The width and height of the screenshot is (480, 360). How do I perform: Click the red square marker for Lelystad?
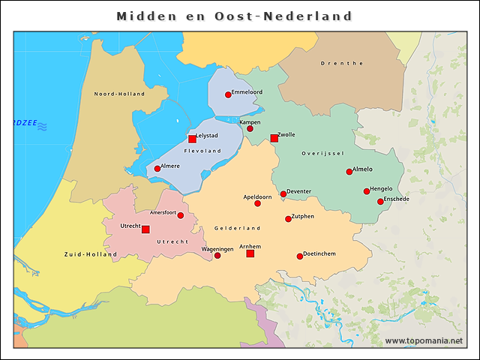click(x=192, y=139)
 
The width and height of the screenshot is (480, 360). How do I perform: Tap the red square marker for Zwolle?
click(x=274, y=138)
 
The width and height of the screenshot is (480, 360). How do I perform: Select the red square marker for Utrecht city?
click(x=145, y=229)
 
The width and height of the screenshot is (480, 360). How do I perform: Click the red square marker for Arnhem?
click(x=250, y=253)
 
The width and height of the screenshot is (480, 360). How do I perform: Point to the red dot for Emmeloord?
click(x=228, y=94)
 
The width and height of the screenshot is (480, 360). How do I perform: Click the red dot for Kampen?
click(x=250, y=128)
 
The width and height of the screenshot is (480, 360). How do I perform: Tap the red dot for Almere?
click(x=157, y=169)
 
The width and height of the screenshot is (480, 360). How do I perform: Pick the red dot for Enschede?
click(x=380, y=201)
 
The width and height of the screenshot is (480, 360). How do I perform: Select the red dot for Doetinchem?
click(x=300, y=256)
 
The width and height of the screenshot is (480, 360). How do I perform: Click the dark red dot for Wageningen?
click(x=217, y=256)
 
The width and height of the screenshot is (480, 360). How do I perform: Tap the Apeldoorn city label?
click(x=257, y=196)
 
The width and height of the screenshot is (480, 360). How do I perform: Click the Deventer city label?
click(x=298, y=191)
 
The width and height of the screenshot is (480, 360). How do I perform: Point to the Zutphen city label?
click(x=302, y=216)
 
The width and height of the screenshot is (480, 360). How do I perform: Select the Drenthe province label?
click(x=342, y=64)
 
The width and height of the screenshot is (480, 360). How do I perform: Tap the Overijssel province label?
click(x=322, y=153)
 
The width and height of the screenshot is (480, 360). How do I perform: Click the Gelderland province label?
click(x=237, y=227)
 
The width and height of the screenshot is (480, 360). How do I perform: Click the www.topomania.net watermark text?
click(x=424, y=341)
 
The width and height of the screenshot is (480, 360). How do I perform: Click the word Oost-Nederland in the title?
click(x=299, y=16)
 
